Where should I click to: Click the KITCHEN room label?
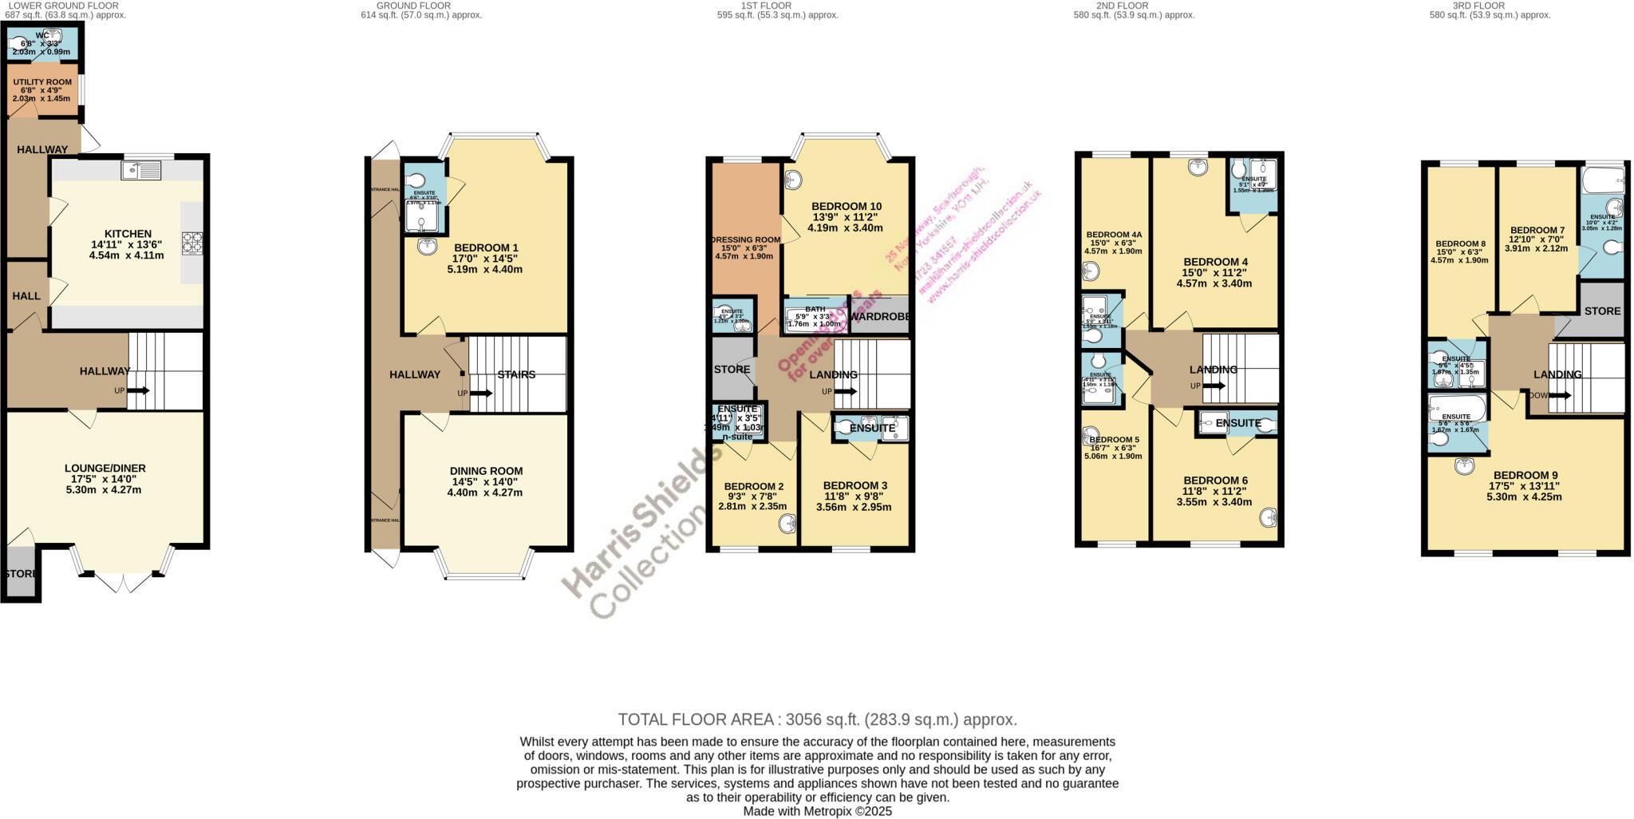click(x=128, y=234)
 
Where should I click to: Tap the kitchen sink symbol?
click(x=141, y=170)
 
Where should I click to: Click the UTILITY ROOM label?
click(x=42, y=82)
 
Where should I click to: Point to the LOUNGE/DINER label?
click(x=105, y=468)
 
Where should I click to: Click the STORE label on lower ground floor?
click(x=21, y=574)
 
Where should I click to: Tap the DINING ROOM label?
click(x=486, y=471)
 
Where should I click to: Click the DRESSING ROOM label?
click(x=745, y=239)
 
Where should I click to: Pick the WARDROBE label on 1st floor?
click(x=879, y=316)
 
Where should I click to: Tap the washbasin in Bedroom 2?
click(x=787, y=524)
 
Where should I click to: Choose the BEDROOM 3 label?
click(x=854, y=485)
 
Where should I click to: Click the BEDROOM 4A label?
click(x=1114, y=235)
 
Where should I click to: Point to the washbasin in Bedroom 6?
click(x=1268, y=518)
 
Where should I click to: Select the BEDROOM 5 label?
click(x=1114, y=440)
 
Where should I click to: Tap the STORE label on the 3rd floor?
click(x=1602, y=311)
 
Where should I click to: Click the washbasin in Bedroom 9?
click(x=1466, y=466)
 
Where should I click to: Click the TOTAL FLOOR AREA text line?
click(x=817, y=719)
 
